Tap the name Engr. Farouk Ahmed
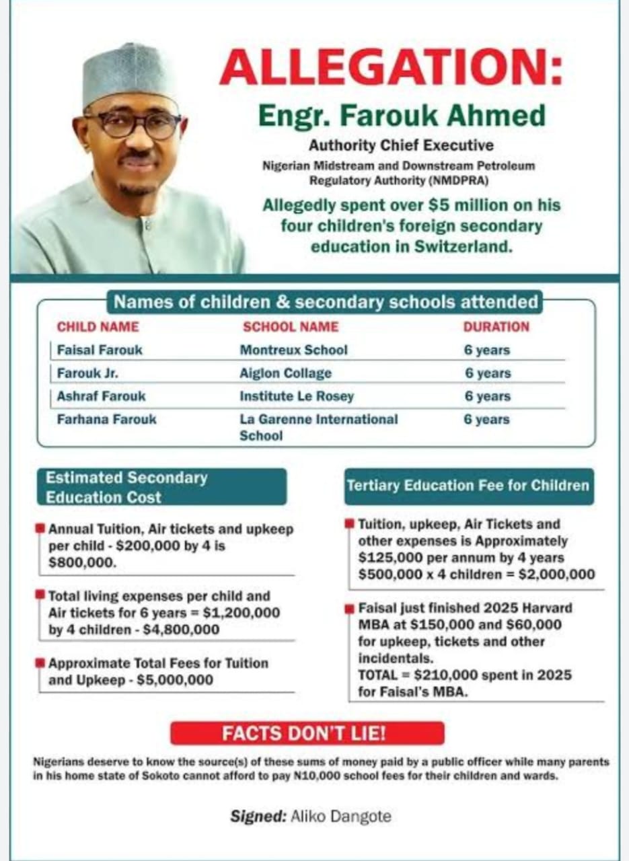pos(402,116)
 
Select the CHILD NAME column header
pos(98,327)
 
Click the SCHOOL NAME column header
pos(291,327)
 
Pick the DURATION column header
pos(496,327)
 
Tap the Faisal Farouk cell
pos(100,350)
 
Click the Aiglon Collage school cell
pos(285,373)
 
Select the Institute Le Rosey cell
pos(297,396)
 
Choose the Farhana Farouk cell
pos(106,419)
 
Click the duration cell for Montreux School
pos(487,350)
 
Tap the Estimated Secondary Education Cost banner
pos(161,487)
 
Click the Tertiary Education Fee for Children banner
pos(468,486)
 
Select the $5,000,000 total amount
pos(175,680)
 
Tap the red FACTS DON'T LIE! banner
pos(307,733)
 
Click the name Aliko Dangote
pos(340,817)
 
